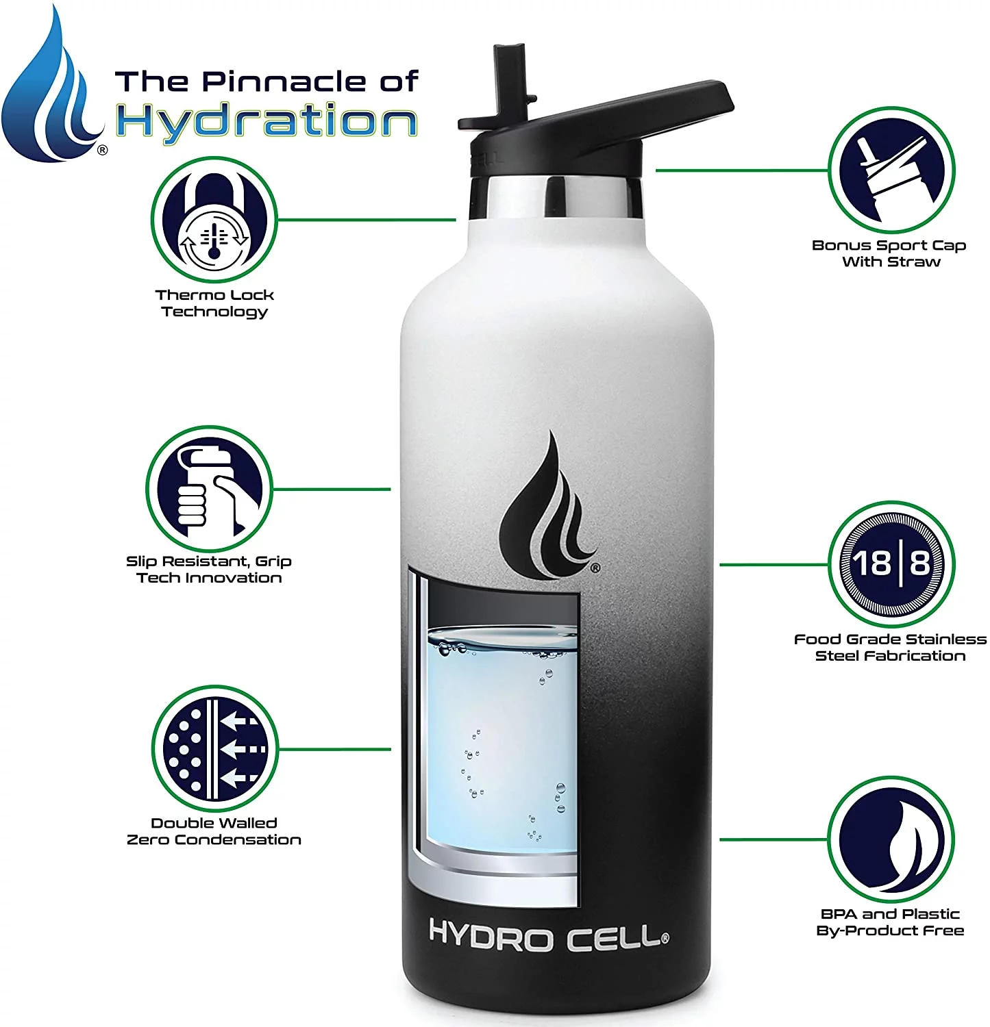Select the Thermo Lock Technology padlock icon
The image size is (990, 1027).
point(214,219)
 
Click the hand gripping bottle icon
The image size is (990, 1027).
point(209,489)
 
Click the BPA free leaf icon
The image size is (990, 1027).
point(890,839)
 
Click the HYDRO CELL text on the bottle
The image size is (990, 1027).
point(547,936)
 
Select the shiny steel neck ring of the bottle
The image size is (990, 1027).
point(555,196)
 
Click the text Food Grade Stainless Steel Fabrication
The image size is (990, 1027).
point(890,647)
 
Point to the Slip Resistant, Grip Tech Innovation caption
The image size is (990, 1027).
point(209,569)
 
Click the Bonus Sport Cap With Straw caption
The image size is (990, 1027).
point(889,253)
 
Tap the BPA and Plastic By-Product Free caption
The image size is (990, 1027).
point(890,922)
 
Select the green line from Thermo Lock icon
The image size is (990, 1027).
point(367,220)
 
